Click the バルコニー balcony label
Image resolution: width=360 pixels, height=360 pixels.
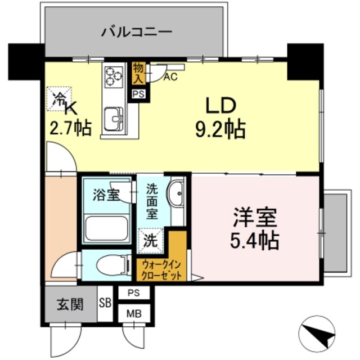[x=136, y=31]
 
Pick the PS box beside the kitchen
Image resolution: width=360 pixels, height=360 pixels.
[x=138, y=94]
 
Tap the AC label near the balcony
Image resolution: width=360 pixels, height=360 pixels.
[x=170, y=77]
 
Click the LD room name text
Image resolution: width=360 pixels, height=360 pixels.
[x=219, y=106]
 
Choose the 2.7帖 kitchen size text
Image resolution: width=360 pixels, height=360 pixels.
[x=70, y=128]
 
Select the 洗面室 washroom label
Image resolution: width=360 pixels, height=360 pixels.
[x=152, y=201]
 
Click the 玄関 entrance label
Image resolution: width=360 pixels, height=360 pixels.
[x=70, y=305]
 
